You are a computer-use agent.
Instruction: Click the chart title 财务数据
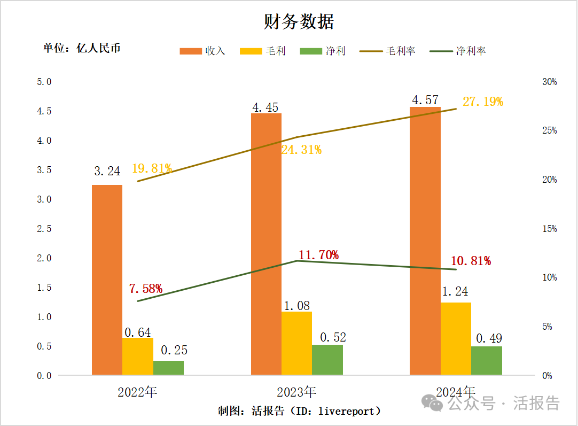coord(299,22)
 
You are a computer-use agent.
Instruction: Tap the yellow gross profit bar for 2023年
coord(296,343)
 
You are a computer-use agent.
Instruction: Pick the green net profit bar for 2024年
coord(486,360)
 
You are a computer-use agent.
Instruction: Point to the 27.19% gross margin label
coord(482,102)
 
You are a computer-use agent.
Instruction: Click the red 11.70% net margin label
coord(318,255)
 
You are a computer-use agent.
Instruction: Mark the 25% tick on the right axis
coord(549,130)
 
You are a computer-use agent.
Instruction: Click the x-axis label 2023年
coord(296,392)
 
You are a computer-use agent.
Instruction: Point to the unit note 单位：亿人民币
coord(82,48)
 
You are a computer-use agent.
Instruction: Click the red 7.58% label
coord(145,289)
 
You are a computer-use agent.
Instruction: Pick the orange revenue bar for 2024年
coord(425,241)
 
